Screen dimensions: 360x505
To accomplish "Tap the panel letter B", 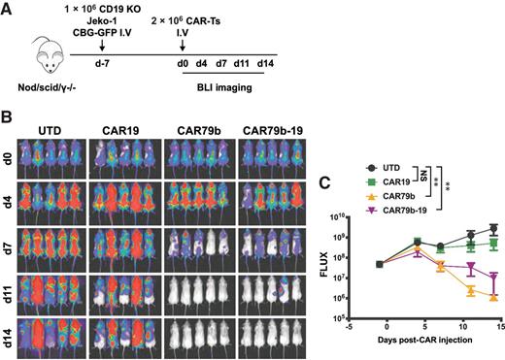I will click(x=7, y=118).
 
